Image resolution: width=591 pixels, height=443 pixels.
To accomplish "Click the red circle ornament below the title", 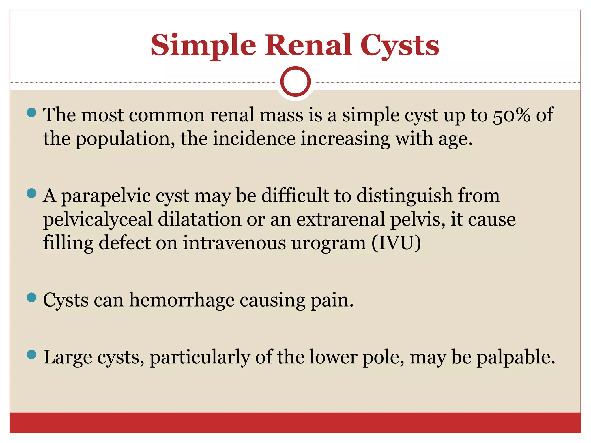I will coord(295,82).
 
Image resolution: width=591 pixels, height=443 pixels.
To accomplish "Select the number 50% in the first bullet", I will coord(511,115).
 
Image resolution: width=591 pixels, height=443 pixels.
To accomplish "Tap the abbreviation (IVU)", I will coord(396,243).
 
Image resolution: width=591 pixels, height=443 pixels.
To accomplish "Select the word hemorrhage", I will coord(182,300).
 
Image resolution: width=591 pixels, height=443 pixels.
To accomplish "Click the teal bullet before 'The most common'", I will coord(31,112).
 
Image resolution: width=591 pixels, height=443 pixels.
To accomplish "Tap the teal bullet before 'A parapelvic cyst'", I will coord(31,193).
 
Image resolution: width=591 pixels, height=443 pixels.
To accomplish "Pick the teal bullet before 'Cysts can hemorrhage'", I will coord(31,297).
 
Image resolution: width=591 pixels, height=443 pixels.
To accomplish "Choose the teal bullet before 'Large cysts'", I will coord(31,354).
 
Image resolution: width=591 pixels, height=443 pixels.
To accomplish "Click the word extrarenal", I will coord(341,219).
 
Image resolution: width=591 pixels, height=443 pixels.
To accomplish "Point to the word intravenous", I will coord(234,243).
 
